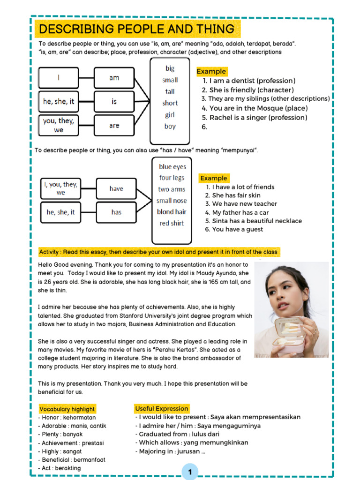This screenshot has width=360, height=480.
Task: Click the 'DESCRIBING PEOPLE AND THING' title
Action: (x=136, y=29)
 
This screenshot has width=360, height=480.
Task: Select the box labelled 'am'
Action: (x=114, y=78)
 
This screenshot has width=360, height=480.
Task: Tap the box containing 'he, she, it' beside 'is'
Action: (x=59, y=101)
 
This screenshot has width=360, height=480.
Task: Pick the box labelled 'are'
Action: (x=114, y=126)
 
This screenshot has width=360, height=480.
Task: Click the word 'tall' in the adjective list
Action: (x=170, y=91)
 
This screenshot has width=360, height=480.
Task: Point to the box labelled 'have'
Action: (x=116, y=188)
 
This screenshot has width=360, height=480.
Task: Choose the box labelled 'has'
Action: (x=116, y=212)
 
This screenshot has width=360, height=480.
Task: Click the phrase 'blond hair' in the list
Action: (x=172, y=212)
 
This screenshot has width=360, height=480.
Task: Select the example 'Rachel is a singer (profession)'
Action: (x=258, y=118)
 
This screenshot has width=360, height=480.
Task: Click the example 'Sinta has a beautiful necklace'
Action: (x=256, y=221)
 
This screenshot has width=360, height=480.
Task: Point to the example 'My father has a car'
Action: (x=240, y=212)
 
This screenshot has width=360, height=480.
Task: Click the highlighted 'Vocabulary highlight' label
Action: (x=67, y=409)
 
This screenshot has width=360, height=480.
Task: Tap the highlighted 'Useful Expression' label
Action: (x=162, y=409)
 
